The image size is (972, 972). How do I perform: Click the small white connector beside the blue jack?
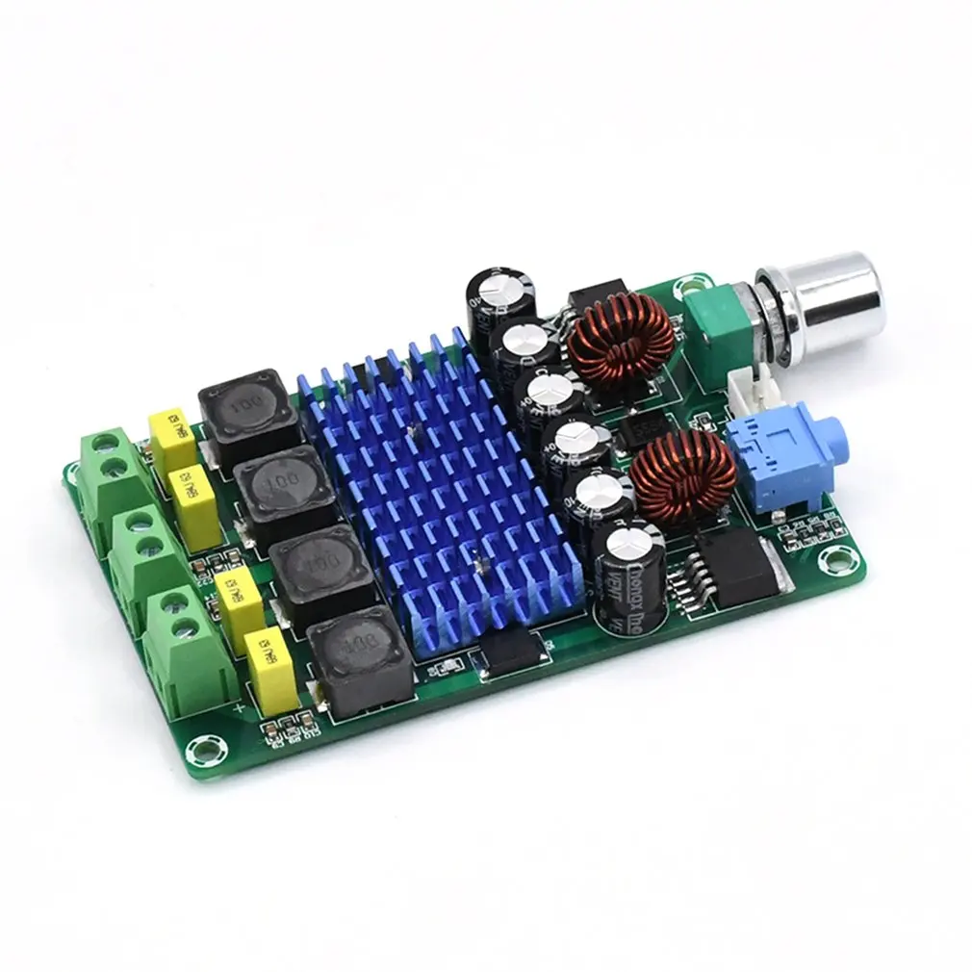(x=756, y=389)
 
